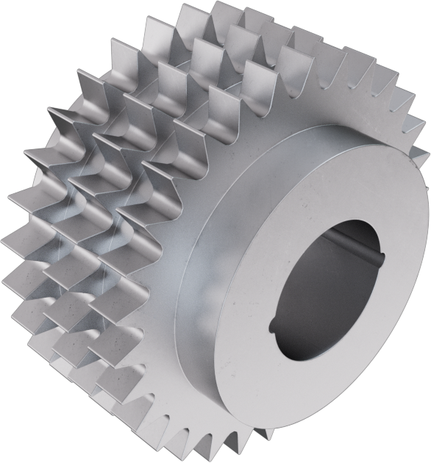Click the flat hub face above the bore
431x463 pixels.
pos(324,176)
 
